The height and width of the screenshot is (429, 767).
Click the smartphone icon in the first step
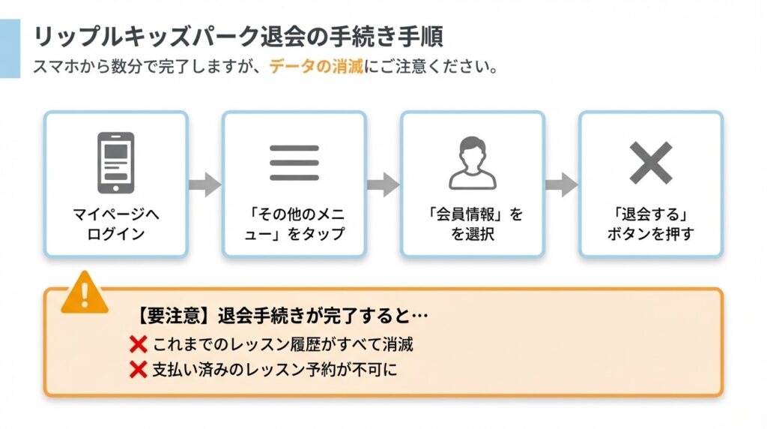tap(115, 163)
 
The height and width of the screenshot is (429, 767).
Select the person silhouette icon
tap(472, 163)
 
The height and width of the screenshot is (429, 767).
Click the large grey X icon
tap(650, 163)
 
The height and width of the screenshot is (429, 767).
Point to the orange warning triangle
tap(85, 293)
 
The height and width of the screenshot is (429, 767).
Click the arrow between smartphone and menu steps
tap(204, 184)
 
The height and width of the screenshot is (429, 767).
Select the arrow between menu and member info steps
tap(383, 184)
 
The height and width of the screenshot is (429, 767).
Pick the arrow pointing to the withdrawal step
tap(561, 184)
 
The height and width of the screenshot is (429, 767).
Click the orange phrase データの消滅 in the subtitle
tap(315, 66)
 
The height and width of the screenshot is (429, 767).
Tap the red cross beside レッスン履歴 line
tap(138, 344)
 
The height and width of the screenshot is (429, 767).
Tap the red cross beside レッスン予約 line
tap(138, 369)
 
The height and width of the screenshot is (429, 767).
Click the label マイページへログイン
tap(115, 223)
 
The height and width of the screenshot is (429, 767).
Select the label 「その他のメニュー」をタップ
tap(294, 223)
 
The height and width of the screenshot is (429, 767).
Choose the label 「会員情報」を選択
tap(472, 223)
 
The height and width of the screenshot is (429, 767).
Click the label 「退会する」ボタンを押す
tap(650, 223)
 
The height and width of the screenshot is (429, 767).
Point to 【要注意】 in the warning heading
tap(166, 316)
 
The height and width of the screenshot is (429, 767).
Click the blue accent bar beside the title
tap(10, 49)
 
